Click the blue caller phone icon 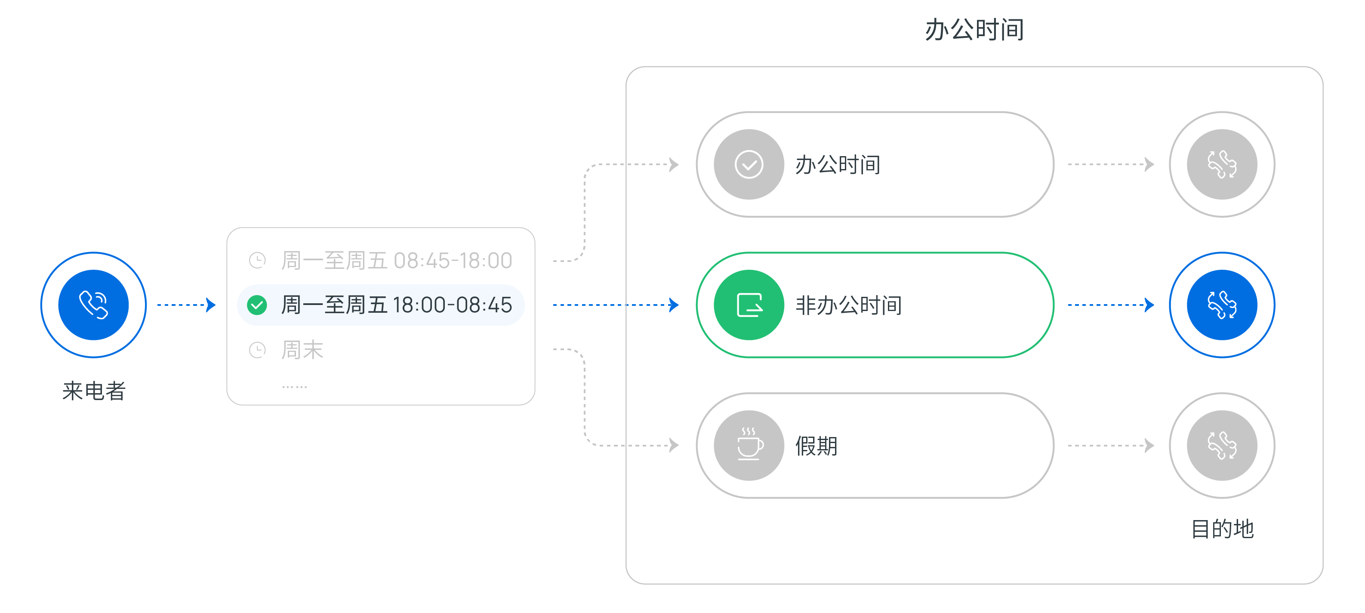point(93,305)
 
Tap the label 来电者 point(93,391)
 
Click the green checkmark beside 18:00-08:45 point(257,305)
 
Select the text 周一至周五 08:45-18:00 point(396,260)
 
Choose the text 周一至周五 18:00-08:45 point(396,305)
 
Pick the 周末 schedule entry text point(302,350)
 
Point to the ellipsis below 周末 point(294,387)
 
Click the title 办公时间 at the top point(974,30)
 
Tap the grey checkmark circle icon point(749,164)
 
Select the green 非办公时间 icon point(749,305)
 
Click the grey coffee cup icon point(749,445)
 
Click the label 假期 point(816,446)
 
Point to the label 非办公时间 point(848,305)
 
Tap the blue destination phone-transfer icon point(1221,305)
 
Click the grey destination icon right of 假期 point(1221,445)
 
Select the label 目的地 point(1222,529)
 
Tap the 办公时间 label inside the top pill point(837,165)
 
